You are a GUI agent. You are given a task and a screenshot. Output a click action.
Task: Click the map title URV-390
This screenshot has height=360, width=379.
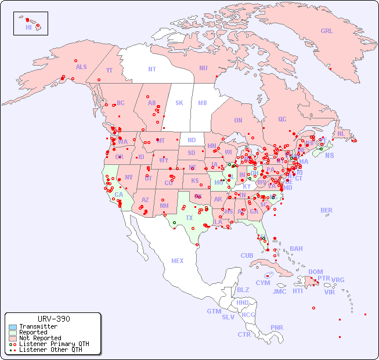click(53, 319)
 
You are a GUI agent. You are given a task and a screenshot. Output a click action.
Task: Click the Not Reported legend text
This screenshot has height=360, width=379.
click(40, 338)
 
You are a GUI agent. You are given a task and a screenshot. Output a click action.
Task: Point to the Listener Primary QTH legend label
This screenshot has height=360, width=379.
click(54, 344)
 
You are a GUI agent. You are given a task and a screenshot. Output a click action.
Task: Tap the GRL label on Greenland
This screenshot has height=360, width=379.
click(327, 31)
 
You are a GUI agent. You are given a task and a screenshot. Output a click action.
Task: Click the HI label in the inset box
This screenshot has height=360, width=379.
click(28, 27)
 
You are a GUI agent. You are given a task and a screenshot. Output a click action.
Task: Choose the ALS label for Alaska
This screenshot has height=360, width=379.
click(81, 67)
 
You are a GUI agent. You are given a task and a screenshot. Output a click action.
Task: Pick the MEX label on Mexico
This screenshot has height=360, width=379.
click(178, 261)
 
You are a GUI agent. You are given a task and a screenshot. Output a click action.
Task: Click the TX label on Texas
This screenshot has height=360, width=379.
click(189, 218)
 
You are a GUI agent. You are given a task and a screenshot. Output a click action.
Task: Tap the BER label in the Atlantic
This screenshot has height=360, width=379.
click(327, 210)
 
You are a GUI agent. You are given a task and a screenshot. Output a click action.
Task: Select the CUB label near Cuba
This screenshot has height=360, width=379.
click(247, 255)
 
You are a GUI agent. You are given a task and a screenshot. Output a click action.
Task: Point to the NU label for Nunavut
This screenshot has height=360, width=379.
click(203, 68)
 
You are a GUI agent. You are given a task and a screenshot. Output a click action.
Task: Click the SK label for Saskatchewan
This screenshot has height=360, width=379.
click(179, 103)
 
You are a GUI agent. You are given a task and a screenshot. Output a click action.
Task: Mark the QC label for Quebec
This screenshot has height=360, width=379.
click(282, 119)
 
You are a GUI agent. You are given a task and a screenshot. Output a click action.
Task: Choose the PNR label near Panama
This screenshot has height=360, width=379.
click(277, 327)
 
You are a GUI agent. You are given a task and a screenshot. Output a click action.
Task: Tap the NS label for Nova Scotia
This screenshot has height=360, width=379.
click(329, 155)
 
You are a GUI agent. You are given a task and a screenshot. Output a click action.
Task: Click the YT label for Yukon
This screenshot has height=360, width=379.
click(109, 70)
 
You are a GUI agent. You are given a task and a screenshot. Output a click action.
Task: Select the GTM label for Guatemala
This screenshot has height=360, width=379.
click(214, 311)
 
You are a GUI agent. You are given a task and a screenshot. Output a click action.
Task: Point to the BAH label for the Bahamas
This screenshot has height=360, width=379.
click(296, 249)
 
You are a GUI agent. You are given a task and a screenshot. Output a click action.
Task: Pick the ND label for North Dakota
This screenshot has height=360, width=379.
click(192, 140)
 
